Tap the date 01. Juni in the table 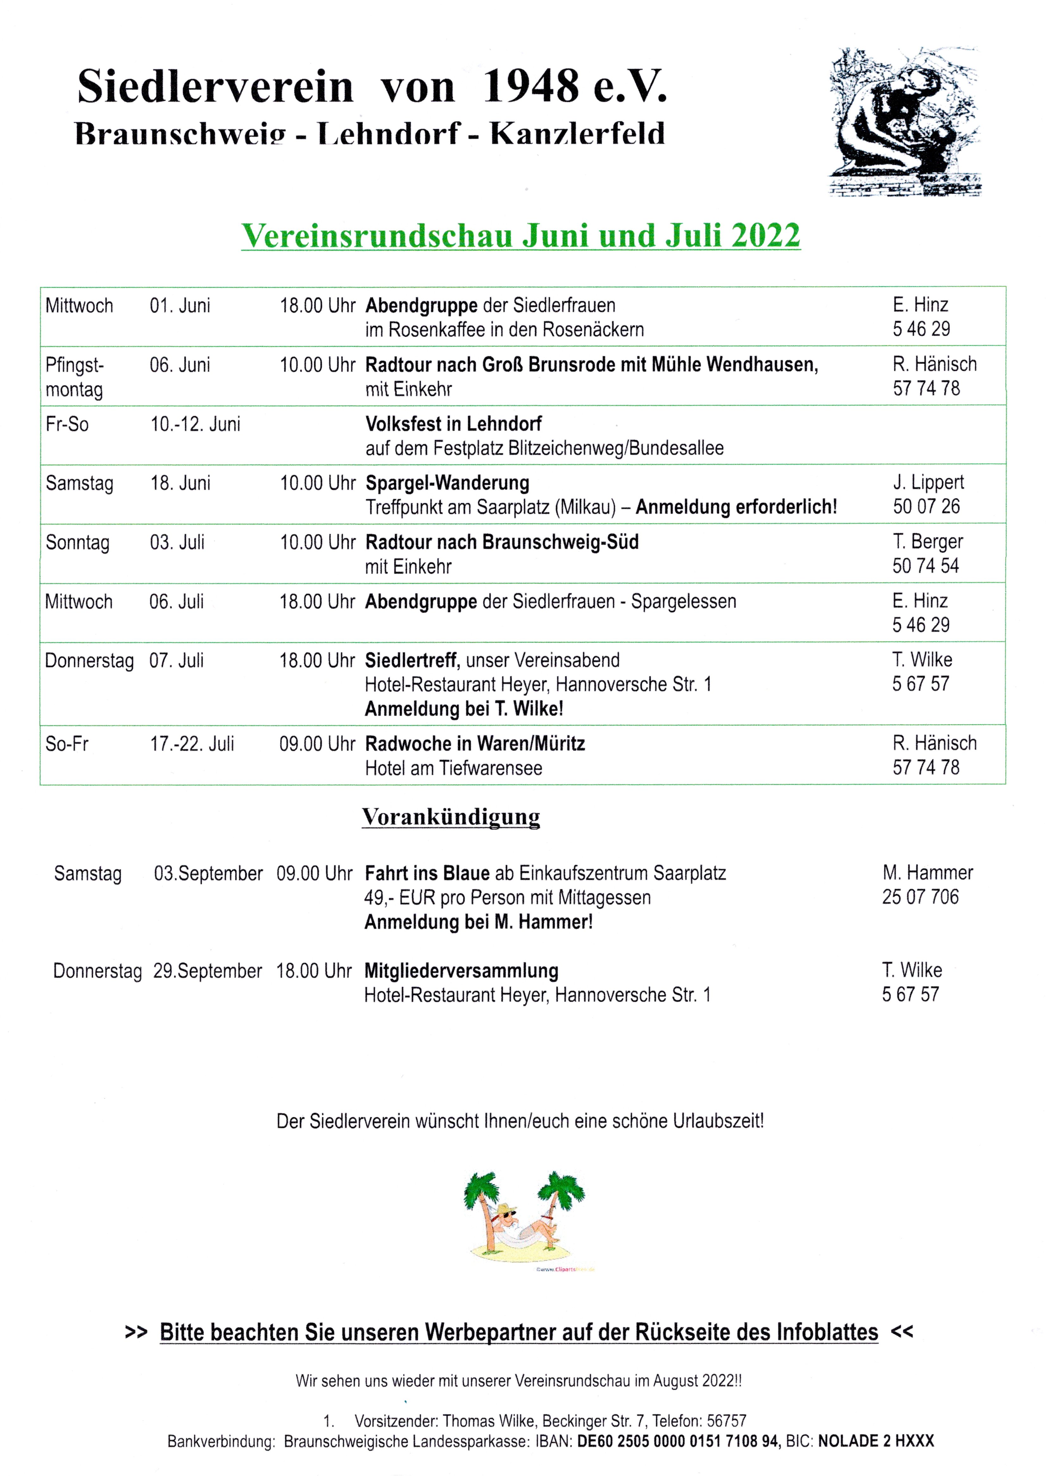coord(180,305)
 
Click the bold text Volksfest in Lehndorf coord(453,424)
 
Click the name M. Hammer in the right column coord(927,873)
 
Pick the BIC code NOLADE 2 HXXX coord(875,1441)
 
